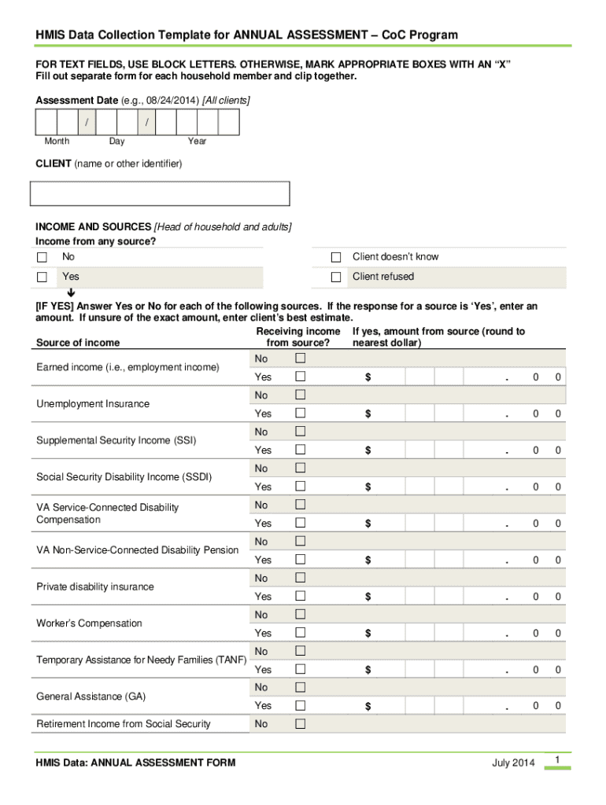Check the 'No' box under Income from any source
(42, 258)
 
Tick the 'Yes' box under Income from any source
(42, 278)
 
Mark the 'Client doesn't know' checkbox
(336, 258)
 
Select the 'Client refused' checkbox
(336, 278)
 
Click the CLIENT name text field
(160, 193)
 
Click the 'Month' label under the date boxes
(57, 142)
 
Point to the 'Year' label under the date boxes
(197, 142)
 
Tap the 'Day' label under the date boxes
(116, 142)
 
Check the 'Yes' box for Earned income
(300, 377)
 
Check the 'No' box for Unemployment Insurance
(300, 395)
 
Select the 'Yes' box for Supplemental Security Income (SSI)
(300, 450)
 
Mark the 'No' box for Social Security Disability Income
(300, 469)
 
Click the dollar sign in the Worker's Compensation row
(368, 634)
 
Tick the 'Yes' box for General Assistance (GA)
(300, 706)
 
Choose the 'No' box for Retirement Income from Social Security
(300, 724)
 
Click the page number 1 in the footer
(556, 759)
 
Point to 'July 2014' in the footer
(513, 763)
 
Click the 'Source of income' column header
(78, 343)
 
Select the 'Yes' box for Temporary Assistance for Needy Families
(300, 670)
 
